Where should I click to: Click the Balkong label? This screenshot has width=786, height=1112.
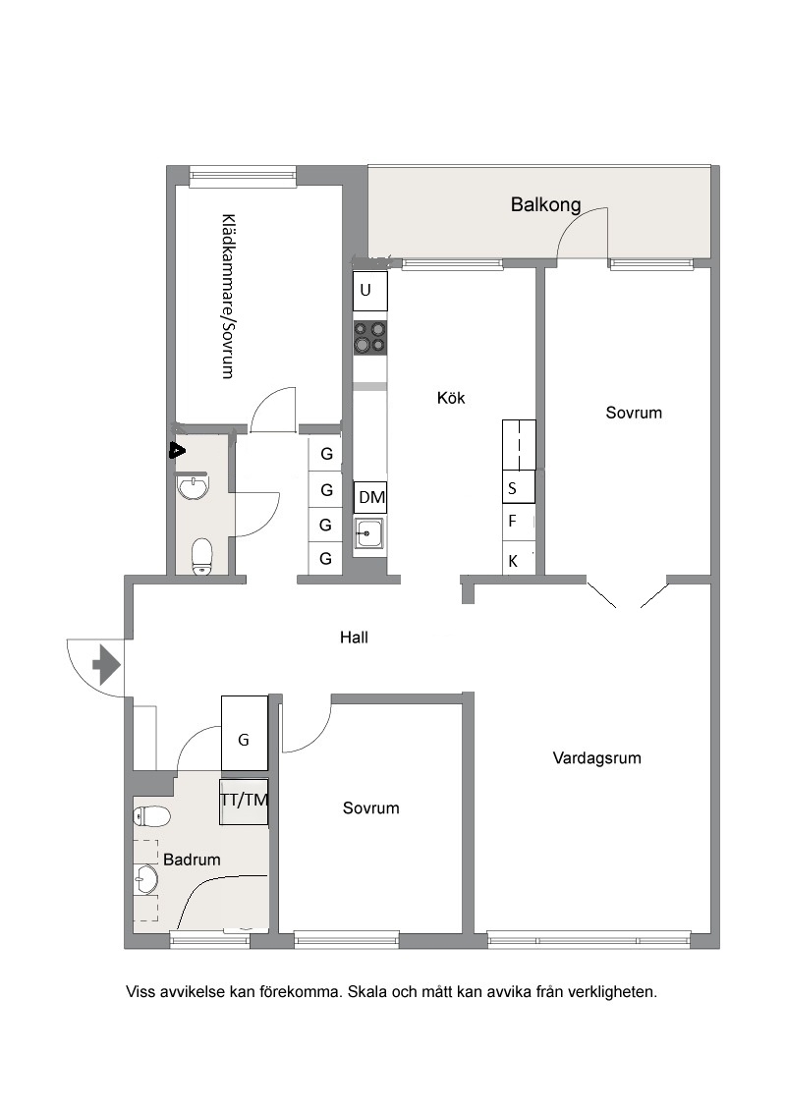[545, 205]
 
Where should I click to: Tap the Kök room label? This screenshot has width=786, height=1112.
[451, 398]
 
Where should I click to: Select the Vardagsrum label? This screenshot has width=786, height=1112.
[596, 758]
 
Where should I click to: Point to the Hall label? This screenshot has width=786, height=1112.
[354, 638]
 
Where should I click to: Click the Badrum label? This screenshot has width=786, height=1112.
[192, 860]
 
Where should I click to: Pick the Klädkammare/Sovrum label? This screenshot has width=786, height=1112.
[228, 297]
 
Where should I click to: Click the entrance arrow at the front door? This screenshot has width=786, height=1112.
[106, 665]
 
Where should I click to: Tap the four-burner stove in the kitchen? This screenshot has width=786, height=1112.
[370, 337]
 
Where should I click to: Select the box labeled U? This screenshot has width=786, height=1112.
[370, 291]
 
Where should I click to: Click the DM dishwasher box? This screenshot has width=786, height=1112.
[371, 497]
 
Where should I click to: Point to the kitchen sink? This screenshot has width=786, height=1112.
[368, 532]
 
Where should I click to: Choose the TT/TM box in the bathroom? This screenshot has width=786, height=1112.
[244, 802]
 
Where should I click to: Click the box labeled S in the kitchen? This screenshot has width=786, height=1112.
[519, 487]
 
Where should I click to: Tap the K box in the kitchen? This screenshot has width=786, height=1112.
[519, 560]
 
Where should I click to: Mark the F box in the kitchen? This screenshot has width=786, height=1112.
[519, 523]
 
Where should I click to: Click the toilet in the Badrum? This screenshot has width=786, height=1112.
[152, 816]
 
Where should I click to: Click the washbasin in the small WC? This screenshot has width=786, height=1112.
[193, 487]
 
